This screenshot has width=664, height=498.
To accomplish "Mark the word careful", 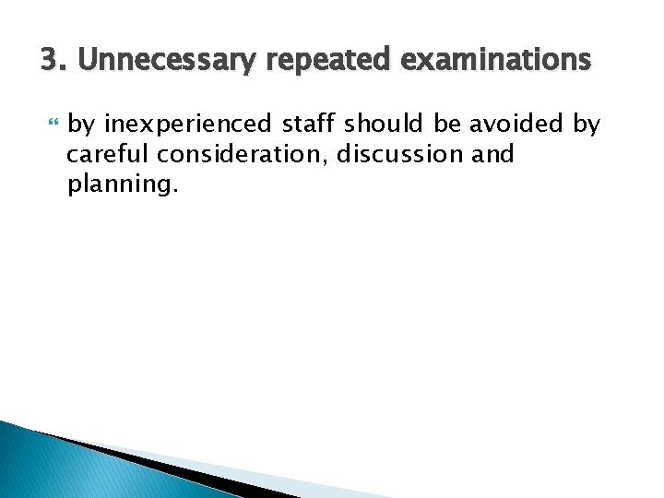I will pyautogui.click(x=102, y=154).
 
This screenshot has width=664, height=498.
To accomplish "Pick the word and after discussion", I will pyautogui.click(x=492, y=154).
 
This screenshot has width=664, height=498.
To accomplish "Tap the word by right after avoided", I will pyautogui.click(x=586, y=124).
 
